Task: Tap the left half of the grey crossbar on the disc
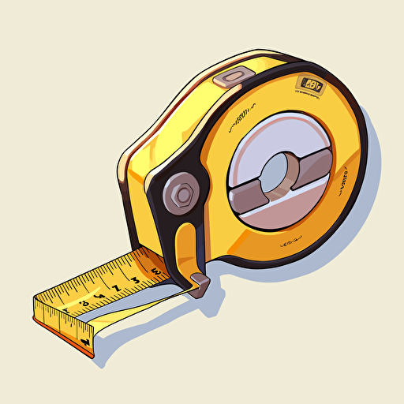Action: pyautogui.click(x=246, y=171)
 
